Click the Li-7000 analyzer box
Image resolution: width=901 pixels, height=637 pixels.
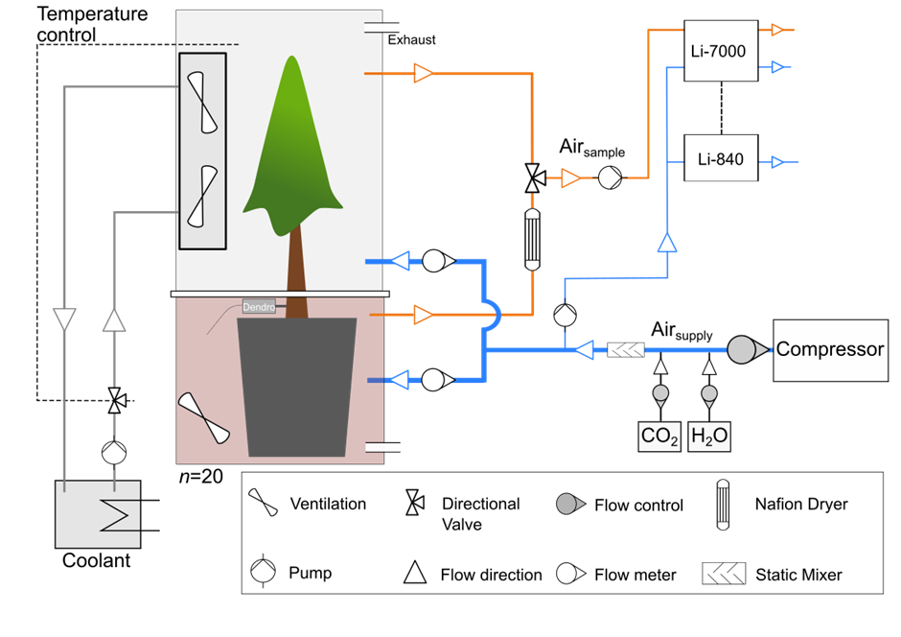(721, 51)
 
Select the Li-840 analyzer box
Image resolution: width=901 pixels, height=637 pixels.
(721, 158)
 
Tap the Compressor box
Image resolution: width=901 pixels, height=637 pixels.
(830, 349)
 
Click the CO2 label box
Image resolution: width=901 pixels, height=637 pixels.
(660, 436)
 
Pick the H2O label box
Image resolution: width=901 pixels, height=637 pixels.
(709, 436)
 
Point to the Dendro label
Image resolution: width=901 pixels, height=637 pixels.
(259, 307)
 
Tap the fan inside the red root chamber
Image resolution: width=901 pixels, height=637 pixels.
(205, 418)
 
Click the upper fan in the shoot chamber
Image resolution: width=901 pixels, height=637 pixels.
(202, 102)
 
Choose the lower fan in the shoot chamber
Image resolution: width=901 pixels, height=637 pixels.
(202, 197)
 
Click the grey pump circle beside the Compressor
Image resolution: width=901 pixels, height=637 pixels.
(741, 350)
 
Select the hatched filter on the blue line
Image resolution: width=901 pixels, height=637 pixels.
(626, 351)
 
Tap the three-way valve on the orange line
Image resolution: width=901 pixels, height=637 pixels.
(532, 177)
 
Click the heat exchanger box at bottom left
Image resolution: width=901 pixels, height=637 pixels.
(98, 514)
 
